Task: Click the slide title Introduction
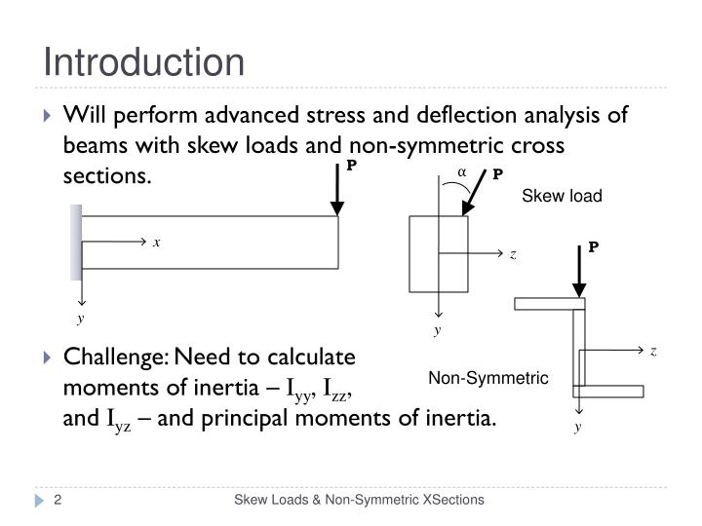tap(143, 62)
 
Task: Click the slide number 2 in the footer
tap(58, 501)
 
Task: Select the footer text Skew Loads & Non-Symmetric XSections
tap(358, 501)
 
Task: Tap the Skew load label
tap(563, 196)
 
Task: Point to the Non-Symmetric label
tap(489, 378)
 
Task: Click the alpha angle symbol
tap(462, 173)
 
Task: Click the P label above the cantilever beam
tap(352, 166)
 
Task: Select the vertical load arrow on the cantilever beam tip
tap(337, 193)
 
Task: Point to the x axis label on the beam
tap(156, 243)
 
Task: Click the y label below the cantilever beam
tap(82, 318)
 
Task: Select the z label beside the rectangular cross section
tap(512, 255)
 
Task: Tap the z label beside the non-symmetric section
tap(653, 351)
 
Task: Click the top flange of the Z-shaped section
tap(549, 304)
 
